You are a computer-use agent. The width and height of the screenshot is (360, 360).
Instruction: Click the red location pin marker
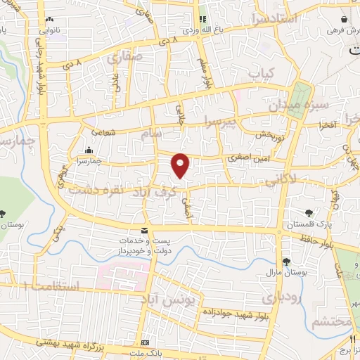point(181,165)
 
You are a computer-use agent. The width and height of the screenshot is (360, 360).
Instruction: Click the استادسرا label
point(263,20)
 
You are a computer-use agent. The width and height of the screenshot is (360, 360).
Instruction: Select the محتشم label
point(330,321)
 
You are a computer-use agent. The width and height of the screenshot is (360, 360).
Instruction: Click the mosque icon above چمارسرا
point(89,150)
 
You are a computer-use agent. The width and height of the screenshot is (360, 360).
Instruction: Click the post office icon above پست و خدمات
point(145,231)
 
